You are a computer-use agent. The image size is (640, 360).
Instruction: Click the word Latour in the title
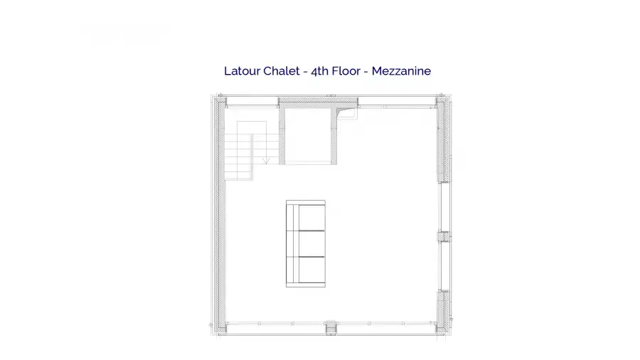tap(242, 71)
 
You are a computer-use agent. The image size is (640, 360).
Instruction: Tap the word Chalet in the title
tap(282, 71)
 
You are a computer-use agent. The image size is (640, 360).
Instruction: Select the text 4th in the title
tap(319, 71)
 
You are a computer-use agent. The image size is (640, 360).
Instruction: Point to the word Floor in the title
tap(346, 71)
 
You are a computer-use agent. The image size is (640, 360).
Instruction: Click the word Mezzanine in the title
tap(401, 71)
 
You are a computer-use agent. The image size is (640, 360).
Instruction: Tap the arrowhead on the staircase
tap(266, 162)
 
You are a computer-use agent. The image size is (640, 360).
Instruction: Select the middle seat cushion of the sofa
tap(312, 243)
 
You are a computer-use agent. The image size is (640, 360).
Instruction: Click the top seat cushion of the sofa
tap(312, 218)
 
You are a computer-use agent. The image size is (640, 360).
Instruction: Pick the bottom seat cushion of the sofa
tap(312, 270)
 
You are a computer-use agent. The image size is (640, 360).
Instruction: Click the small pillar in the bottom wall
tap(331, 327)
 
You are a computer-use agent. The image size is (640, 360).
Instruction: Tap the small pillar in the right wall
tap(444, 236)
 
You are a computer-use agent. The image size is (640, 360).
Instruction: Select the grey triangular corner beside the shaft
tap(343, 110)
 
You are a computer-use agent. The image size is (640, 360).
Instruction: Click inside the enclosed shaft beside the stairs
tap(308, 135)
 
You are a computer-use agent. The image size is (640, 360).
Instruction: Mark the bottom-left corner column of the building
tap(220, 327)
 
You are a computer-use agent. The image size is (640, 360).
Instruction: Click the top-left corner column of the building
tap(220, 101)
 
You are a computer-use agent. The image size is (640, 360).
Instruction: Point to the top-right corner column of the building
tap(443, 101)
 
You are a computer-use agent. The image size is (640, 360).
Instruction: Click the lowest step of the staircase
tap(238, 176)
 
